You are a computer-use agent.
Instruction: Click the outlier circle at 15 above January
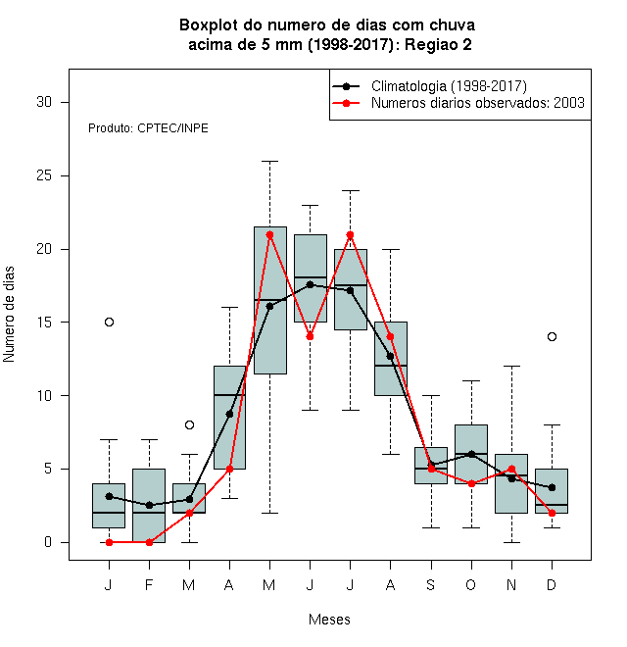pyautogui.click(x=109, y=322)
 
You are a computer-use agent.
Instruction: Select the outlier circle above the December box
pyautogui.click(x=552, y=336)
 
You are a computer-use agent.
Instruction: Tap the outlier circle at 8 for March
pyautogui.click(x=189, y=424)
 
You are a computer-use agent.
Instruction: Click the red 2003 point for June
pyautogui.click(x=311, y=336)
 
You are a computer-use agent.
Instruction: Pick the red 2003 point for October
pyautogui.click(x=471, y=483)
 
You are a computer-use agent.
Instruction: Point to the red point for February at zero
pyautogui.click(x=149, y=542)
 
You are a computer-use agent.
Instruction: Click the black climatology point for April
pyautogui.click(x=229, y=414)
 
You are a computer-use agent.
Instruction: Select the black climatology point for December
pyautogui.click(x=552, y=487)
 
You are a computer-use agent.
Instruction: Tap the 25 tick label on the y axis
pyautogui.click(x=44, y=175)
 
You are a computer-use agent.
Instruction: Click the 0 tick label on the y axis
pyautogui.click(x=48, y=542)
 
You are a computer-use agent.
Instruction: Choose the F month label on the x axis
pyautogui.click(x=149, y=584)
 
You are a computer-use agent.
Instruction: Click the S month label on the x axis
pyautogui.click(x=431, y=584)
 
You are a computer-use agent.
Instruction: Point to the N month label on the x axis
pyautogui.click(x=511, y=584)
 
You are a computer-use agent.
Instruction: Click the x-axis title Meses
pyautogui.click(x=329, y=620)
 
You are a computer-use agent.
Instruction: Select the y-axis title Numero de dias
pyautogui.click(x=9, y=315)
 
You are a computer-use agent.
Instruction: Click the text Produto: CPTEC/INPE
pyautogui.click(x=148, y=127)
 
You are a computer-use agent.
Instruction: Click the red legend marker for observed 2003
pyautogui.click(x=347, y=103)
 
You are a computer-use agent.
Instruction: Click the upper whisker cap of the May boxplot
pyautogui.click(x=269, y=162)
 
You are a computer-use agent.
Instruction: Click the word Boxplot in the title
pyautogui.click(x=209, y=25)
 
